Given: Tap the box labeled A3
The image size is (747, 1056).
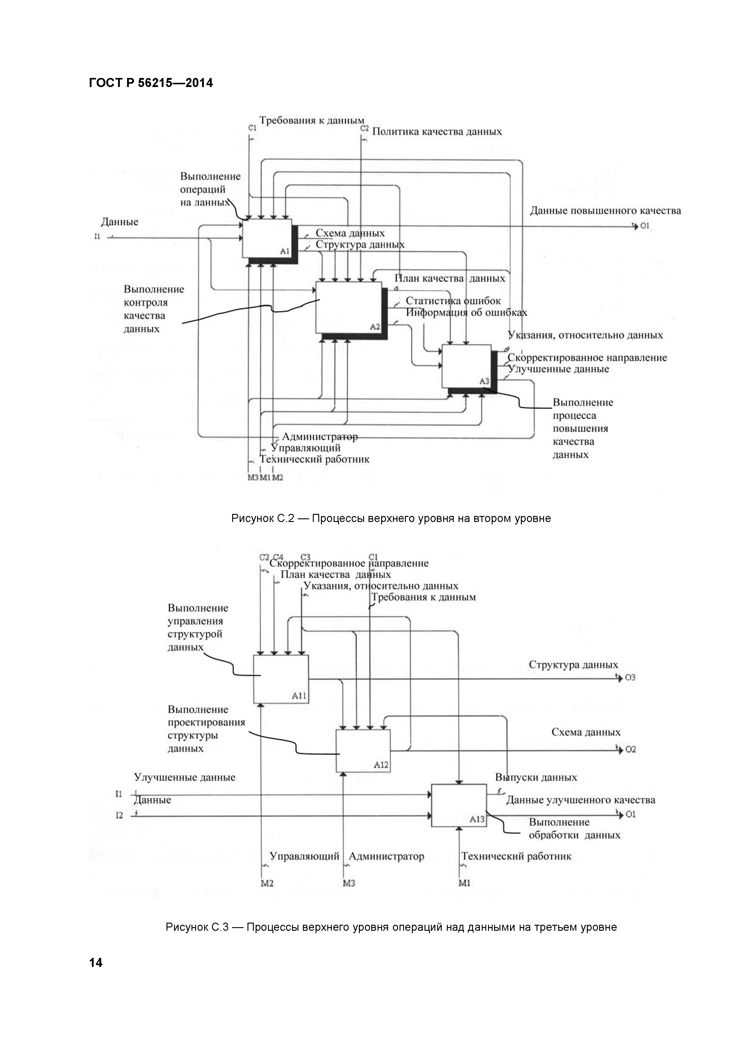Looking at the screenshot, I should (466, 366).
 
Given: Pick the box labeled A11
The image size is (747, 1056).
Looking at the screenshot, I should (281, 679).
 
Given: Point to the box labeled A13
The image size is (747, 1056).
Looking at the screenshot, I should (459, 805).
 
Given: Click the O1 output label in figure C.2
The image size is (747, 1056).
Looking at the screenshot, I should (645, 226).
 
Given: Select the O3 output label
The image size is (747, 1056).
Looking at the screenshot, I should (630, 678).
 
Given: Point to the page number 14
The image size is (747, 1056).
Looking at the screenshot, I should (96, 962).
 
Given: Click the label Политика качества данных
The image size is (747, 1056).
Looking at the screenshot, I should (437, 132).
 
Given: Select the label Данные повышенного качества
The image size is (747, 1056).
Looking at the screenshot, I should (605, 211).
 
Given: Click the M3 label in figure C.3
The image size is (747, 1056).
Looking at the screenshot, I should (349, 884).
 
